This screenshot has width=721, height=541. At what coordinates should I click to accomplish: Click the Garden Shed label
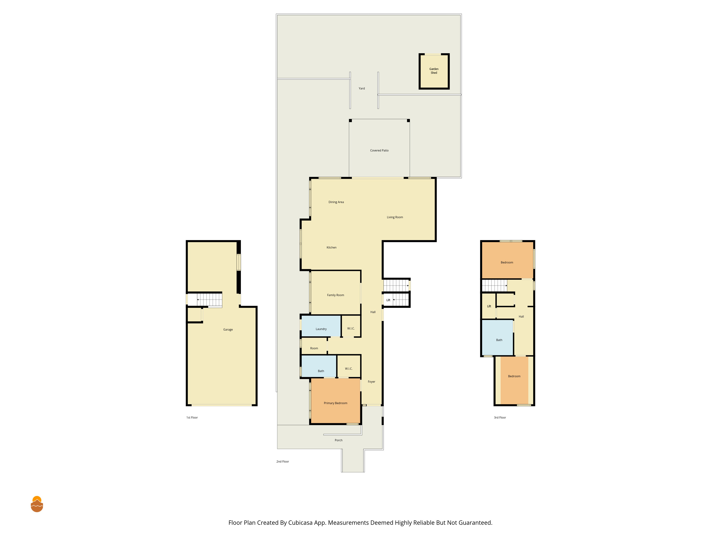[434, 71]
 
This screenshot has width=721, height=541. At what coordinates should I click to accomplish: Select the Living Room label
[395, 217]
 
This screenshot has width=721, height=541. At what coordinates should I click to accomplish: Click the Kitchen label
[331, 248]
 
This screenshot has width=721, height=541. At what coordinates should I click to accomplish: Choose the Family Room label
[335, 295]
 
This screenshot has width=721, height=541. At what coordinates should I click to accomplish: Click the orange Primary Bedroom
[335, 401]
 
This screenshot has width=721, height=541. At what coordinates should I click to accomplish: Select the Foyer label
[371, 382]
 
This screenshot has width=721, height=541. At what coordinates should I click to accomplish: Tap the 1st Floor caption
[192, 417]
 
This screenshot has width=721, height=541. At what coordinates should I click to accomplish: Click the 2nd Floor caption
[283, 461]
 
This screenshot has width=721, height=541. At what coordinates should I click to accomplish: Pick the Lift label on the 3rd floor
[489, 306]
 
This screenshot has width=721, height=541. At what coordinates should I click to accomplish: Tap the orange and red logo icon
[37, 504]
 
